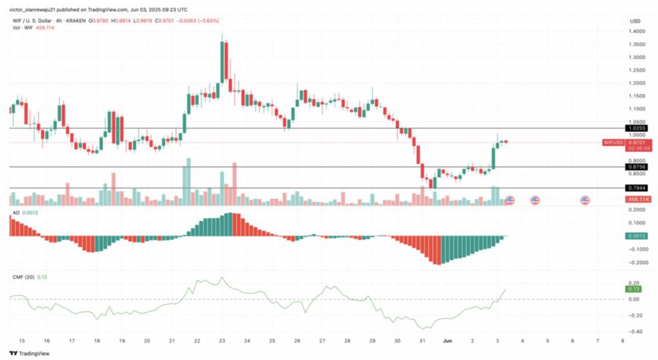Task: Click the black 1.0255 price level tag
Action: [x=636, y=128]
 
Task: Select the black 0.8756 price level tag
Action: [x=636, y=167]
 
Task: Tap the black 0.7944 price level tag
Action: [x=636, y=188]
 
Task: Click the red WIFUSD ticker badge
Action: [x=613, y=142]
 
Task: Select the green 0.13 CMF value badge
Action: [x=633, y=289]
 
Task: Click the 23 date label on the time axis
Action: [x=221, y=341]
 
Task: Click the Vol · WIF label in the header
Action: [x=21, y=28]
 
